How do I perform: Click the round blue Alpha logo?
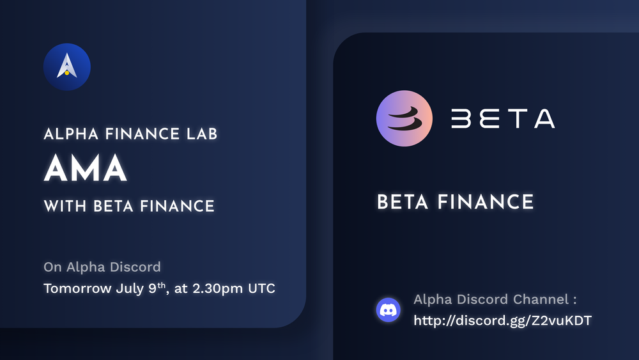point(67,67)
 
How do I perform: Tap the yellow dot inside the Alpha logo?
point(67,74)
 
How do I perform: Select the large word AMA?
point(85,169)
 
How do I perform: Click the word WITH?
point(66,206)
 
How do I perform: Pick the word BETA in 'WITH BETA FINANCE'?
point(113,206)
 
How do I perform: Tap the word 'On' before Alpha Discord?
point(52,267)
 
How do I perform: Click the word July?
point(130,288)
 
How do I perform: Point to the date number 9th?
point(157,288)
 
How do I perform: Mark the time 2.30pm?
point(217,288)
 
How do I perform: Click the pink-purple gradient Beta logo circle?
point(404,120)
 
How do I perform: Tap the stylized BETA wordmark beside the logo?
point(502,120)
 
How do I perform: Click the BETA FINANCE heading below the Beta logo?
point(455,203)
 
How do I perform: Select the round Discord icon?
point(388,310)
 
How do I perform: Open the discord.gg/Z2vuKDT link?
point(502,320)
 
